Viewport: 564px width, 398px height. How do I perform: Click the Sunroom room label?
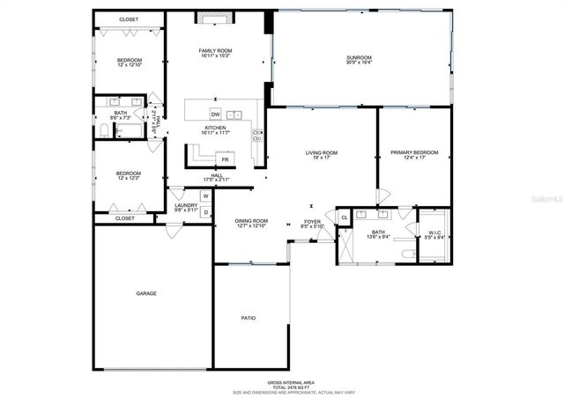(x=359, y=59)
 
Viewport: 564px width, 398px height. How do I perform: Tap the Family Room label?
(x=214, y=52)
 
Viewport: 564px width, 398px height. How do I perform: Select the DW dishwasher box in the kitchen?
(x=215, y=114)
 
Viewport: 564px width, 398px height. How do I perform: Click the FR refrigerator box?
(x=226, y=159)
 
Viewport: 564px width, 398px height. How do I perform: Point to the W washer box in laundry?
(x=205, y=196)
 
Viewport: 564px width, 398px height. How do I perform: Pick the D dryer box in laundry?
(x=205, y=212)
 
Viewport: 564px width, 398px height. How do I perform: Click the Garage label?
(x=146, y=292)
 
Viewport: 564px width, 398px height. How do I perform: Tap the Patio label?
(x=249, y=317)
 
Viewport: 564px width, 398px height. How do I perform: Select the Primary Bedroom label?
(x=414, y=153)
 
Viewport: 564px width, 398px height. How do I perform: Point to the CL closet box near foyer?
(x=344, y=217)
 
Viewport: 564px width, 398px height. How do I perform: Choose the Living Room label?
(x=322, y=153)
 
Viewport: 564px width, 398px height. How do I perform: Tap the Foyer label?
(x=313, y=222)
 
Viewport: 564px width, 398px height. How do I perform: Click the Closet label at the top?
(x=130, y=18)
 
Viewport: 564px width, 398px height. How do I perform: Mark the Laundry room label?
(x=186, y=206)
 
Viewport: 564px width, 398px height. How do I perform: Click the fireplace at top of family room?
(x=216, y=16)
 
